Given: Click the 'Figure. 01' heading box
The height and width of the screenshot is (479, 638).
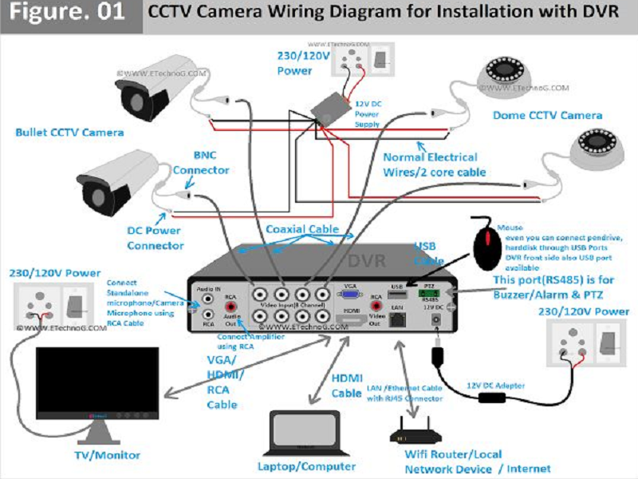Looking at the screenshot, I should pyautogui.click(x=70, y=14).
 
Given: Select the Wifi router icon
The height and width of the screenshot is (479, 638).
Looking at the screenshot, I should pyautogui.click(x=414, y=433).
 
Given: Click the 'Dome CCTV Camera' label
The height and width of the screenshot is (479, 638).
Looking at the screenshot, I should pyautogui.click(x=546, y=116).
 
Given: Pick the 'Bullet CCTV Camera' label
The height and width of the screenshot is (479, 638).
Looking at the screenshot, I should pyautogui.click(x=69, y=132).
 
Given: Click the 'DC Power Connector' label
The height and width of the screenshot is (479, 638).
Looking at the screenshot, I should pyautogui.click(x=155, y=238).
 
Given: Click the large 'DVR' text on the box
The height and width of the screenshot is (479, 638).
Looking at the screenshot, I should pyautogui.click(x=368, y=261).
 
